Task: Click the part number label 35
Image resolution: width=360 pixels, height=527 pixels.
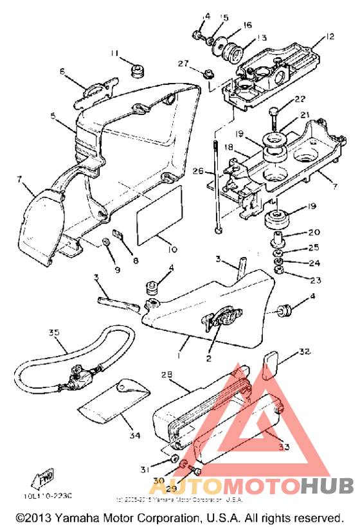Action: [53, 333]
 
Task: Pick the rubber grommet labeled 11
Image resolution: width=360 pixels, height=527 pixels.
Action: [135, 69]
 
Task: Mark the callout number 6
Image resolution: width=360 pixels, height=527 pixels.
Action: [63, 71]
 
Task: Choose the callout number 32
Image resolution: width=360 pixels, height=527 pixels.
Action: [304, 352]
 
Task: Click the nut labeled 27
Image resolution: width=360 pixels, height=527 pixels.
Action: [208, 75]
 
